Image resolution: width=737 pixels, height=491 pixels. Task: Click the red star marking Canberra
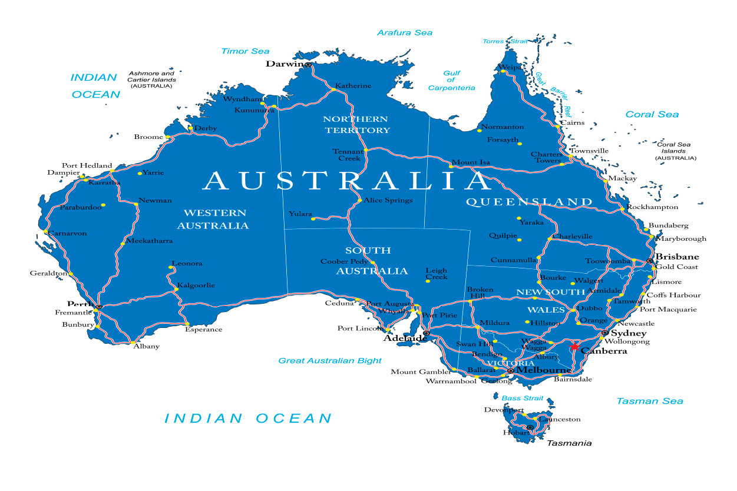(575, 346)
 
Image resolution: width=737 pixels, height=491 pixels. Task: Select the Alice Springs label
(388, 200)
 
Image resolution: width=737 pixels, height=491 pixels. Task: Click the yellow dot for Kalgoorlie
(176, 289)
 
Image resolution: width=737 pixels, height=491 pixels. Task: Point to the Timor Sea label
(245, 51)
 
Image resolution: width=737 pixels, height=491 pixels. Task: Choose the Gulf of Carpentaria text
(451, 81)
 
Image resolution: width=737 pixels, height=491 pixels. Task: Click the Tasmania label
(569, 443)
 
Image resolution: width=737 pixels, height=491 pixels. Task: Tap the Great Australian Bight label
(330, 360)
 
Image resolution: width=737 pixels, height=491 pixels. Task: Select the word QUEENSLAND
(529, 202)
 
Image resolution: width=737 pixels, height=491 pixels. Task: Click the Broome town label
(148, 137)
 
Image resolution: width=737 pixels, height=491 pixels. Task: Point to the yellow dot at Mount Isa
(451, 166)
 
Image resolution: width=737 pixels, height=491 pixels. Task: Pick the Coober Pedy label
(345, 261)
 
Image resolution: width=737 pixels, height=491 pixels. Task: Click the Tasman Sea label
(650, 401)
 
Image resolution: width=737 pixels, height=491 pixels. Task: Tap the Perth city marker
(99, 306)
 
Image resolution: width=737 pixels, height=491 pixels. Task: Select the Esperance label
(204, 329)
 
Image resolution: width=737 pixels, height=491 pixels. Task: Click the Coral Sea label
(652, 114)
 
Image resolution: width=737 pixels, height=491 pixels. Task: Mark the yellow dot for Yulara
(313, 219)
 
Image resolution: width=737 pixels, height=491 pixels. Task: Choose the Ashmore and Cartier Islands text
(151, 79)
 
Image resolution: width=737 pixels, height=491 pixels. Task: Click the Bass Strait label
(523, 399)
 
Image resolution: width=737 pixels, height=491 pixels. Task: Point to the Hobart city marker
(530, 427)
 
